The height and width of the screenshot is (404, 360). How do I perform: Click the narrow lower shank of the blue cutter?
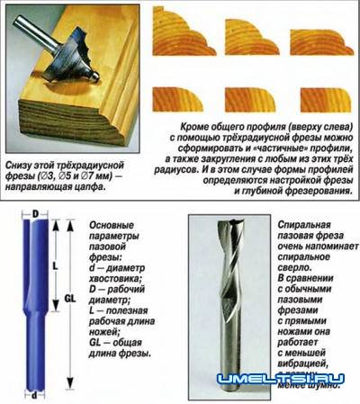coord(35,364)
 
